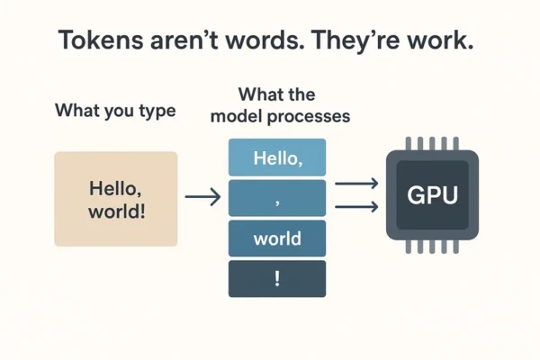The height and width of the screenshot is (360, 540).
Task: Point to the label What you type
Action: (x=115, y=112)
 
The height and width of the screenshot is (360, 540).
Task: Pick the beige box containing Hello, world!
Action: (x=116, y=199)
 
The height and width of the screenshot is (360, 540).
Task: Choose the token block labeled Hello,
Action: (x=277, y=158)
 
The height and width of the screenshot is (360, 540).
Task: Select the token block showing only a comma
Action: (x=277, y=199)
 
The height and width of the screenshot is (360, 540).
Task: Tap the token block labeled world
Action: (x=277, y=239)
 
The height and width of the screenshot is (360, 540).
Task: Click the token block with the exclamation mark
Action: (x=277, y=279)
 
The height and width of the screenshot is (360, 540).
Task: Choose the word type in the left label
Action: (x=157, y=112)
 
